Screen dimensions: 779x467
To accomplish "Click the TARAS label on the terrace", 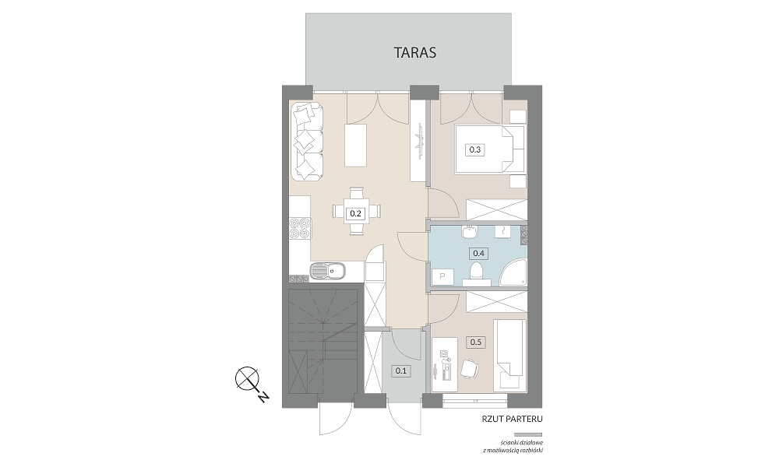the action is pos(415,52).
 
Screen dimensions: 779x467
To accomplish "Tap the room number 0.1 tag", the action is pos(401,370).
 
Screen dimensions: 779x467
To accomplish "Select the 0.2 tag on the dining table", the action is pos(355,214).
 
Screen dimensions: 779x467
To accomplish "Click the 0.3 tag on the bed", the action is pos(475,149).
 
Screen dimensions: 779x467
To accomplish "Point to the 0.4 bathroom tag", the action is pos(479,253).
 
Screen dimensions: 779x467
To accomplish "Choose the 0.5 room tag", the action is pos(476,342).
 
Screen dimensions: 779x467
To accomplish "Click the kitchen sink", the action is pos(329,272).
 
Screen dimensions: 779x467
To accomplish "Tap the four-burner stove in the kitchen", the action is pos(300,230).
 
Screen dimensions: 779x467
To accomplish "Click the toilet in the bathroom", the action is pos(477,274).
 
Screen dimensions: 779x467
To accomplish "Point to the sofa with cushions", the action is pos(307,142).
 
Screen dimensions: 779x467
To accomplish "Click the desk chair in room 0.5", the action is pos(470,369).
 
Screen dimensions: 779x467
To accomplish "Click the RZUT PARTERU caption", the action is pos(512,419).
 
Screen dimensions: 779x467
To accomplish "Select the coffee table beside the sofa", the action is pos(356,146).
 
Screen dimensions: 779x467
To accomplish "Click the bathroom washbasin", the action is pos(468,231).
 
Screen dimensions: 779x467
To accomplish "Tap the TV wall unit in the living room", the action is pos(419,142).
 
